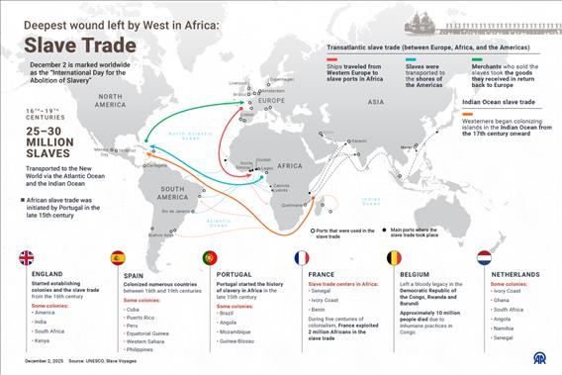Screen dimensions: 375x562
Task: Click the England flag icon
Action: tap(27, 258)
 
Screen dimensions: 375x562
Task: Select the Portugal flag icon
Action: tap(210, 258)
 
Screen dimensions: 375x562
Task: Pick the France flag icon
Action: tap(302, 258)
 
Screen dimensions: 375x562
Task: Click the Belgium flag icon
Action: tap(394, 258)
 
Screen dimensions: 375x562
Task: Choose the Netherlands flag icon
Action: tap(485, 258)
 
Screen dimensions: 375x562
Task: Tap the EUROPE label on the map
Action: tap(273, 101)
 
